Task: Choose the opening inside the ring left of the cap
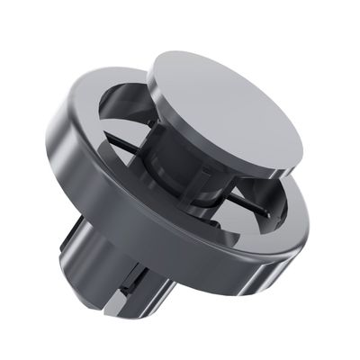tap(126, 117)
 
